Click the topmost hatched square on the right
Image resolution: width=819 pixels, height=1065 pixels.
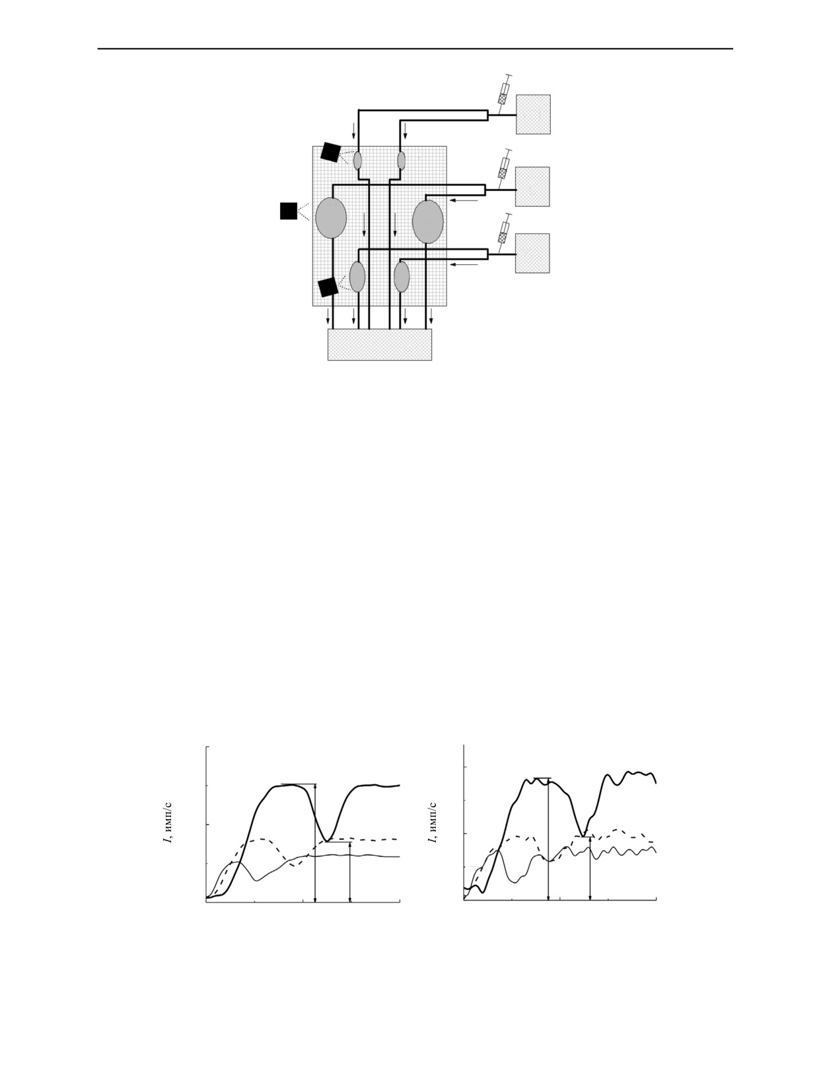click(534, 114)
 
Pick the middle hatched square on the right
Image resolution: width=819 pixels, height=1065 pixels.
click(532, 187)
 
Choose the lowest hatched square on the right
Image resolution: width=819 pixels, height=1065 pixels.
click(532, 253)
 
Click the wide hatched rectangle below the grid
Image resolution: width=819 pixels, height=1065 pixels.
click(380, 345)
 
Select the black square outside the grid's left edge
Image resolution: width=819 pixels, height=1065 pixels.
click(289, 211)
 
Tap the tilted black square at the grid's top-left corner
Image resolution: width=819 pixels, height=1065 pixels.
click(330, 152)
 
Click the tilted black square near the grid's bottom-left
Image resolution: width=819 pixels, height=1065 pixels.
click(328, 287)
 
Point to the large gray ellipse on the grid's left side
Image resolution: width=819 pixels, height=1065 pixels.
click(331, 218)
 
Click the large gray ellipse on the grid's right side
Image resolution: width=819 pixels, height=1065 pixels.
click(428, 221)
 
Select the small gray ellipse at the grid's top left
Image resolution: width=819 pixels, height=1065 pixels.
click(357, 161)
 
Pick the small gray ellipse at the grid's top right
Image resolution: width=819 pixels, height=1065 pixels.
click(401, 161)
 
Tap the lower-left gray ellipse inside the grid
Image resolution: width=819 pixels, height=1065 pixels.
click(357, 277)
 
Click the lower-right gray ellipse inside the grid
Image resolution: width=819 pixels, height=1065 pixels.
click(402, 277)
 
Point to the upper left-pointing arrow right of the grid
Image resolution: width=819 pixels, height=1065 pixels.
click(464, 200)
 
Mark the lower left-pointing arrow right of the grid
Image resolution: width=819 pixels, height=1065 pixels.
click(464, 265)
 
